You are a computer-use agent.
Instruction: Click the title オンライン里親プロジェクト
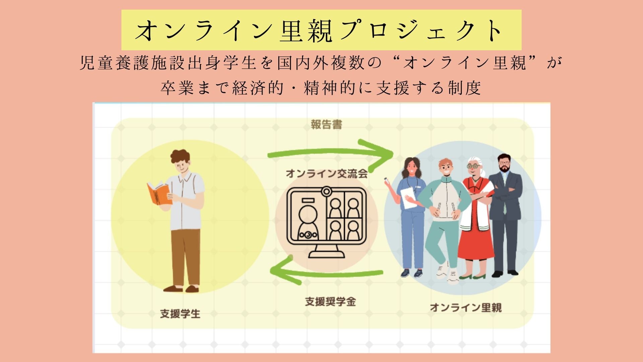(x=321, y=30)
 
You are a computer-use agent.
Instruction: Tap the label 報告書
(x=326, y=125)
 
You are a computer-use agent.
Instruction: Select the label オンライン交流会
(x=326, y=174)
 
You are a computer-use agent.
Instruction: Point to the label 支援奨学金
(x=330, y=302)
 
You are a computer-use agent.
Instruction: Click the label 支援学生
(x=180, y=314)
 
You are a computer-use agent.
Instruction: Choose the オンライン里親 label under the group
(x=466, y=308)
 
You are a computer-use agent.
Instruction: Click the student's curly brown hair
(x=180, y=156)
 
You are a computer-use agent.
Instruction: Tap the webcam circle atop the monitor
(x=326, y=192)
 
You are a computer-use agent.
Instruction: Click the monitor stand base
(x=327, y=254)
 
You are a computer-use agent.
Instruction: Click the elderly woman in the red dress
(x=476, y=218)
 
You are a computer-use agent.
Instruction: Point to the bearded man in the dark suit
(x=505, y=215)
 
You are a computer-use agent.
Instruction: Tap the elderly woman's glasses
(x=474, y=166)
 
